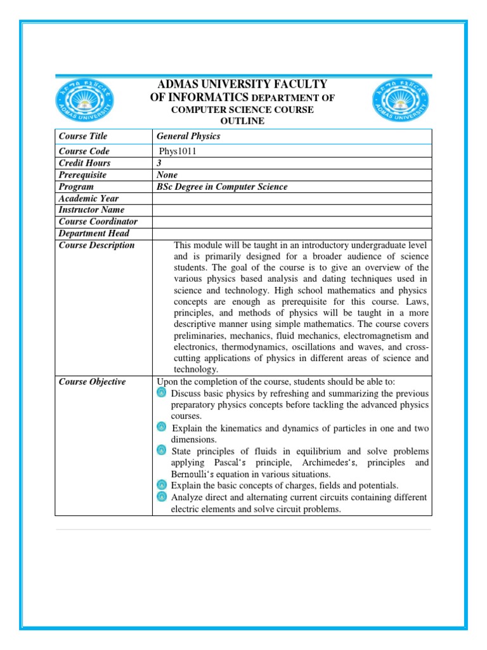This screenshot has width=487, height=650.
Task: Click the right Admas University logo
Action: (x=400, y=102)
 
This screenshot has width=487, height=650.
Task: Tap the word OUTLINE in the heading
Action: (x=242, y=121)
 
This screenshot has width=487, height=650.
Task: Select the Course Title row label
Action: (x=83, y=136)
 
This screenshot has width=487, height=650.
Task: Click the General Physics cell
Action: (x=188, y=136)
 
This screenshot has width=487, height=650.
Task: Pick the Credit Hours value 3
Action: (x=159, y=163)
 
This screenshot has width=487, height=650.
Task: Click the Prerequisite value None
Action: (x=167, y=175)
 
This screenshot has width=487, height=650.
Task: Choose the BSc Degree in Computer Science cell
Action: (x=222, y=187)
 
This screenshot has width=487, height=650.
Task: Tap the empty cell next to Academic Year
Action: (x=292, y=199)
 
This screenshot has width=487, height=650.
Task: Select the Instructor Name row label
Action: (x=91, y=210)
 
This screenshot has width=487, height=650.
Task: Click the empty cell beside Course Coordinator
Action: (x=292, y=222)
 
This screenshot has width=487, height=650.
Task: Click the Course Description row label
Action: (x=96, y=245)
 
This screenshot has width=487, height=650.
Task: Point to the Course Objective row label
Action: (x=92, y=381)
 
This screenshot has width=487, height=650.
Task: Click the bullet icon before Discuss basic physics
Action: (x=162, y=393)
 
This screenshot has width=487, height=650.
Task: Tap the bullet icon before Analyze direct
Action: (x=162, y=496)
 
